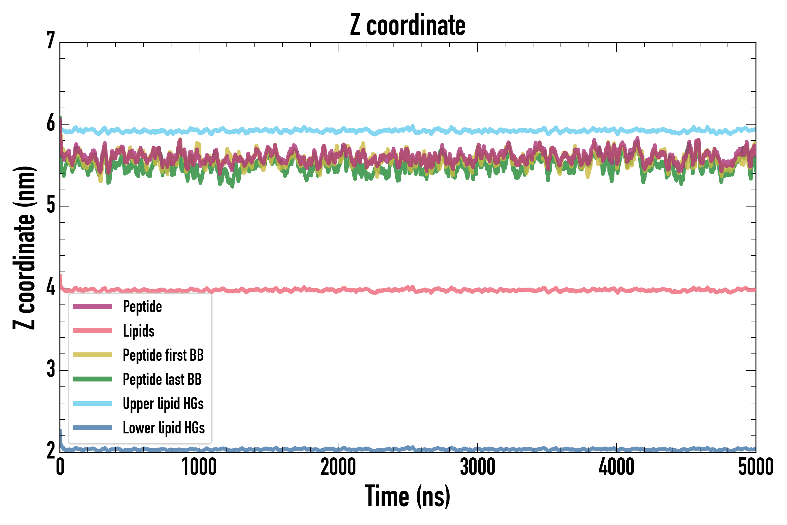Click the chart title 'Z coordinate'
coord(407,25)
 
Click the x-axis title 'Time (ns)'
coord(407,496)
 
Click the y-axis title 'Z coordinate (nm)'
coord(24,248)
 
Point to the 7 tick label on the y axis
coord(51,41)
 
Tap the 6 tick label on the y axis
coord(51,124)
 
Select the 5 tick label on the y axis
coord(51,205)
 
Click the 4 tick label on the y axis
coord(51,288)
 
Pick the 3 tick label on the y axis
coord(51,370)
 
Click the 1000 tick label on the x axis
coord(199,467)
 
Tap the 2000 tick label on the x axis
coord(338,467)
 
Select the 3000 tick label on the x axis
coord(477,467)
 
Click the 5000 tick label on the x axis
coord(756,467)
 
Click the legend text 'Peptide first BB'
coord(163,355)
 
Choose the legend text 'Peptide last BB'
coord(162,379)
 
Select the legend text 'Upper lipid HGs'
coord(163,403)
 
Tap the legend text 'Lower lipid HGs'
coord(164,428)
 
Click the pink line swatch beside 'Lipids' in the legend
coord(92,331)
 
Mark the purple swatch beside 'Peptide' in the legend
coord(92,306)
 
